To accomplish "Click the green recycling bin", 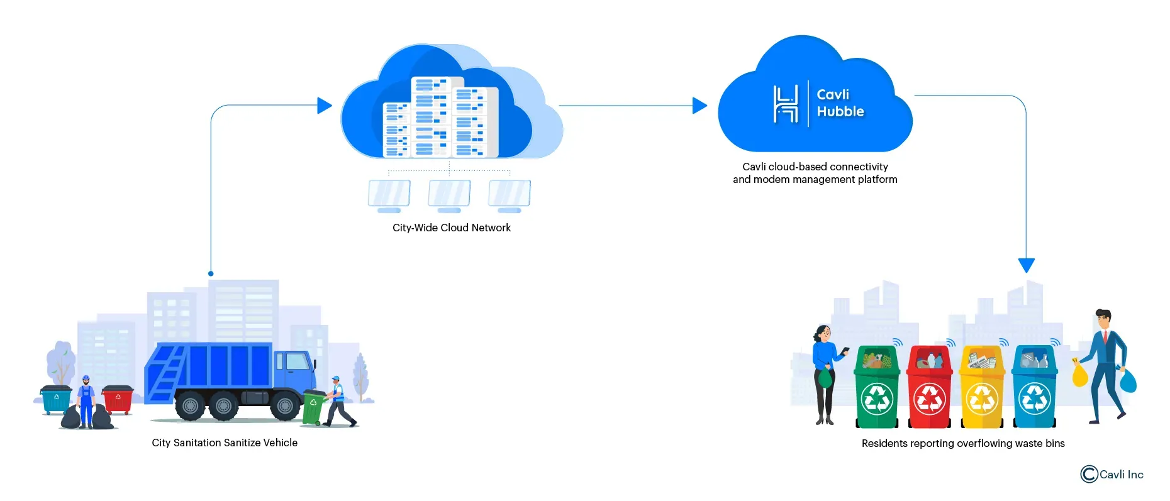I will click(877, 390).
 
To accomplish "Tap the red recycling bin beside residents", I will click(929, 390).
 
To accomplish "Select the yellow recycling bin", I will click(982, 390).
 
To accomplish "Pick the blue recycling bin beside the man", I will click(1034, 390).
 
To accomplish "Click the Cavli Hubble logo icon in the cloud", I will click(785, 104).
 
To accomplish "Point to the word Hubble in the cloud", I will click(840, 112).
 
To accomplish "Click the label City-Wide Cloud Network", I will click(451, 228).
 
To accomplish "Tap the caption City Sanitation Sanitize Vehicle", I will click(225, 443).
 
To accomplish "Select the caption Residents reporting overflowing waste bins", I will click(962, 443).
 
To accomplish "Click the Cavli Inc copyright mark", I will click(1089, 474).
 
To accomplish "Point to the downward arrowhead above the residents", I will click(1026, 265).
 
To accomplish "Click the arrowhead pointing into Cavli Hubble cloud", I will click(699, 106).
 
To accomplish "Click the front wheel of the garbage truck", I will click(285, 406).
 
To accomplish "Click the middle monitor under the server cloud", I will click(449, 194).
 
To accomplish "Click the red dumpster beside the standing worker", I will click(118, 399).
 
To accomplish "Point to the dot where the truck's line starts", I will click(211, 273).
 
